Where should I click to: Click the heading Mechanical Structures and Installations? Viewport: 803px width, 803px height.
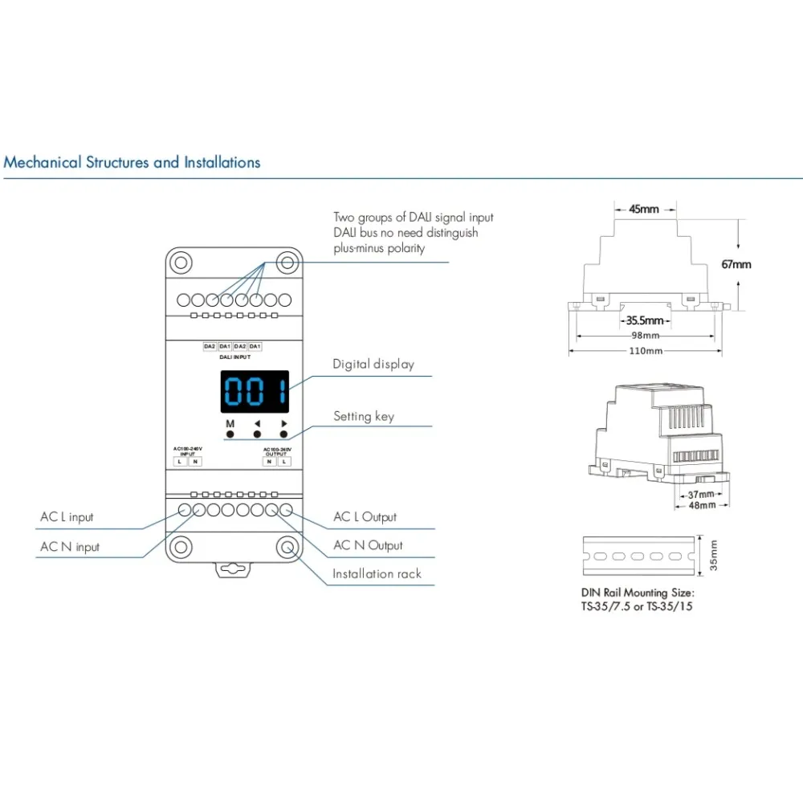pyautogui.click(x=132, y=162)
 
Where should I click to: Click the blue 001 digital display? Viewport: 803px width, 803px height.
pyautogui.click(x=255, y=391)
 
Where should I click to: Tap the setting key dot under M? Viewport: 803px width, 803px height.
pyautogui.click(x=230, y=434)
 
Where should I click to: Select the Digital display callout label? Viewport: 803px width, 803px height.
pyautogui.click(x=373, y=365)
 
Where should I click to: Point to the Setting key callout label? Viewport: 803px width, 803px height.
pyautogui.click(x=364, y=417)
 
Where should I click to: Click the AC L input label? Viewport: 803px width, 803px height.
pyautogui.click(x=67, y=517)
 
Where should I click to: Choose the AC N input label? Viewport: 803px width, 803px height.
pyautogui.click(x=70, y=547)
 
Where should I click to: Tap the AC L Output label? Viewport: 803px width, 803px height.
pyautogui.click(x=365, y=517)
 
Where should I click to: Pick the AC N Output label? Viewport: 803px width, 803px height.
pyautogui.click(x=368, y=546)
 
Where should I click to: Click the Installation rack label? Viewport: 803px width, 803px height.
pyautogui.click(x=377, y=574)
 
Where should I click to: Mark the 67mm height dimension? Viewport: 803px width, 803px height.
pyautogui.click(x=736, y=264)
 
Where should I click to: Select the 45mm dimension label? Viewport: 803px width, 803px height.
pyautogui.click(x=643, y=210)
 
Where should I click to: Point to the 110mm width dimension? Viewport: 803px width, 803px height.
pyautogui.click(x=645, y=351)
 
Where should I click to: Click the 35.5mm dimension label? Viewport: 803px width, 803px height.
pyautogui.click(x=645, y=320)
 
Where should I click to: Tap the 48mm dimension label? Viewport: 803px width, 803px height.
pyautogui.click(x=701, y=506)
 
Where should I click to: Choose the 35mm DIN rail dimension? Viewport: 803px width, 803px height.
pyautogui.click(x=714, y=555)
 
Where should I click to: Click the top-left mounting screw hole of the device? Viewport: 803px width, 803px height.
pyautogui.click(x=182, y=263)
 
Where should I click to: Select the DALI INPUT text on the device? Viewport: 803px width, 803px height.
pyautogui.click(x=233, y=356)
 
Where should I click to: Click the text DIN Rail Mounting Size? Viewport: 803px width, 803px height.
pyautogui.click(x=638, y=593)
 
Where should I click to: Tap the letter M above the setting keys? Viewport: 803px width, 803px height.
pyautogui.click(x=230, y=423)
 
